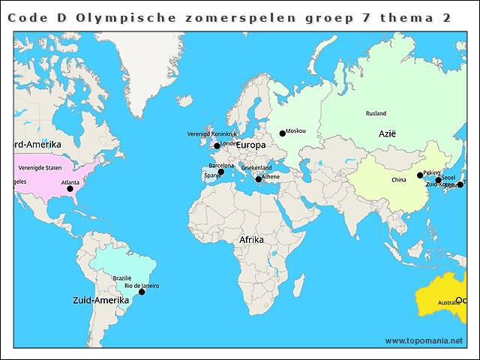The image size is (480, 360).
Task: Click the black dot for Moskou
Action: point(283,133)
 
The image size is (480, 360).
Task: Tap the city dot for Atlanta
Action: point(70,189)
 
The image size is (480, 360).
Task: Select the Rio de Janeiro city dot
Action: point(142,292)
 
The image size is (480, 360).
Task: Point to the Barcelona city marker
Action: point(220,172)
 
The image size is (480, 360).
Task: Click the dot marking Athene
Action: point(258,179)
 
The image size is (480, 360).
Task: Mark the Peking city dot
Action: point(420,175)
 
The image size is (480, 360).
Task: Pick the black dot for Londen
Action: point(217,146)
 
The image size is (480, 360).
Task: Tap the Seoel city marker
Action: point(438,180)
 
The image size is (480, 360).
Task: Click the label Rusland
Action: point(376,113)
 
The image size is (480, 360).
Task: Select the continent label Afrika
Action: point(251,240)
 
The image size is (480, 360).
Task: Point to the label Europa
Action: point(251,145)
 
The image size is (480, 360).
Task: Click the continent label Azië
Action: point(387,133)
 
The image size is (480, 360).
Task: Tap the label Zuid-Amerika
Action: point(97,300)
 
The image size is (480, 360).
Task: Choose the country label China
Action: point(398,180)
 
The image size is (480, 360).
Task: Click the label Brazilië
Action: point(122,277)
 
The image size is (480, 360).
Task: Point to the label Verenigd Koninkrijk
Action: point(211,134)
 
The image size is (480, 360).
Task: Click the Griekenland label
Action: point(256,168)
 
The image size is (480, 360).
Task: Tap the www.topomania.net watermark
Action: point(424,340)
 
